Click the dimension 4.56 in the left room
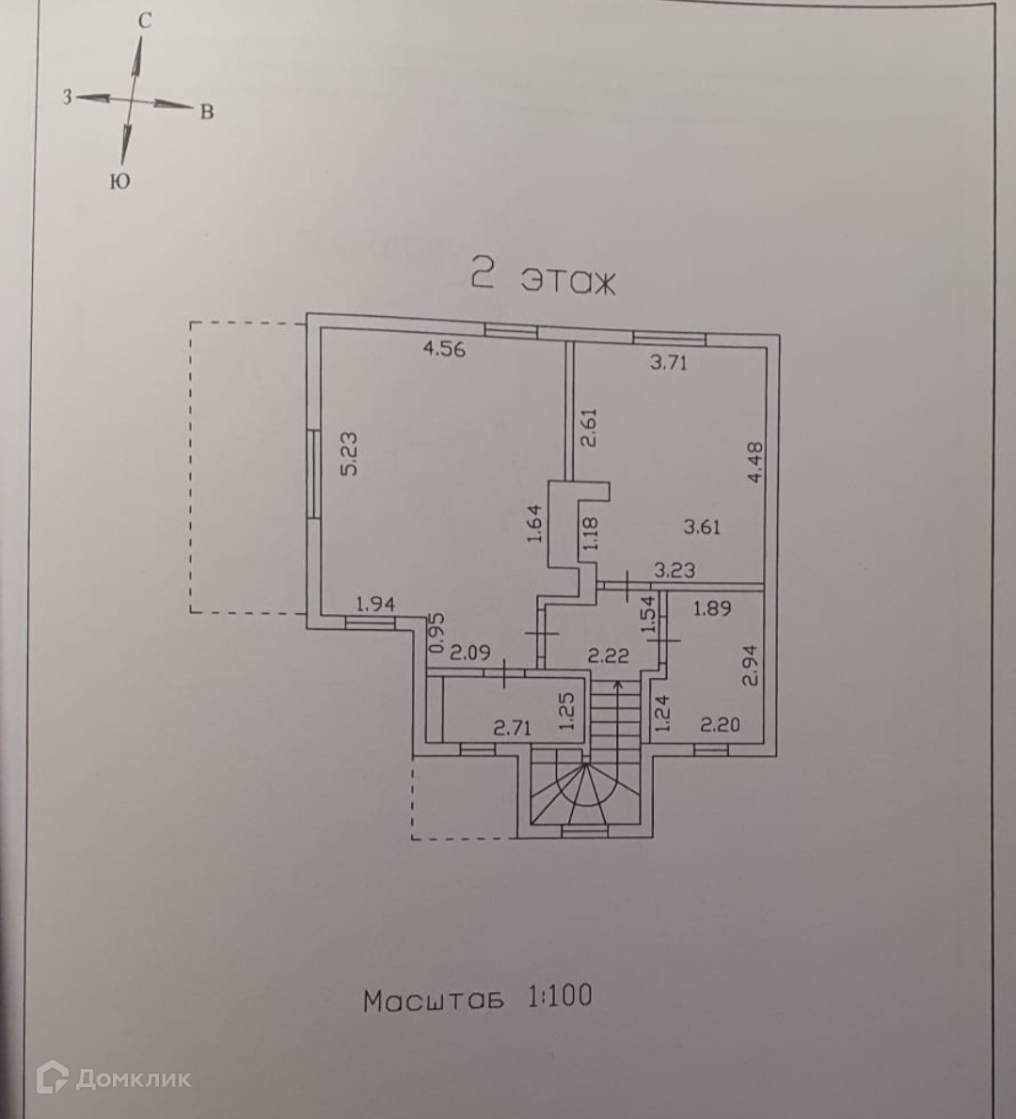445,350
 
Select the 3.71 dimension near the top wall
669,362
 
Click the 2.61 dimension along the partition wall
589,429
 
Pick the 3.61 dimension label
702,527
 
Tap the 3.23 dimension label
674,569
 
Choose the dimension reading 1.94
375,605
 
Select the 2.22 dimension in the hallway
608,655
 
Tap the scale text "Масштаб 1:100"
478,998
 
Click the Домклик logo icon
51,1077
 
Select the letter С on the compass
145,21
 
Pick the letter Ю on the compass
119,182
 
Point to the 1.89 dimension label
711,608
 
